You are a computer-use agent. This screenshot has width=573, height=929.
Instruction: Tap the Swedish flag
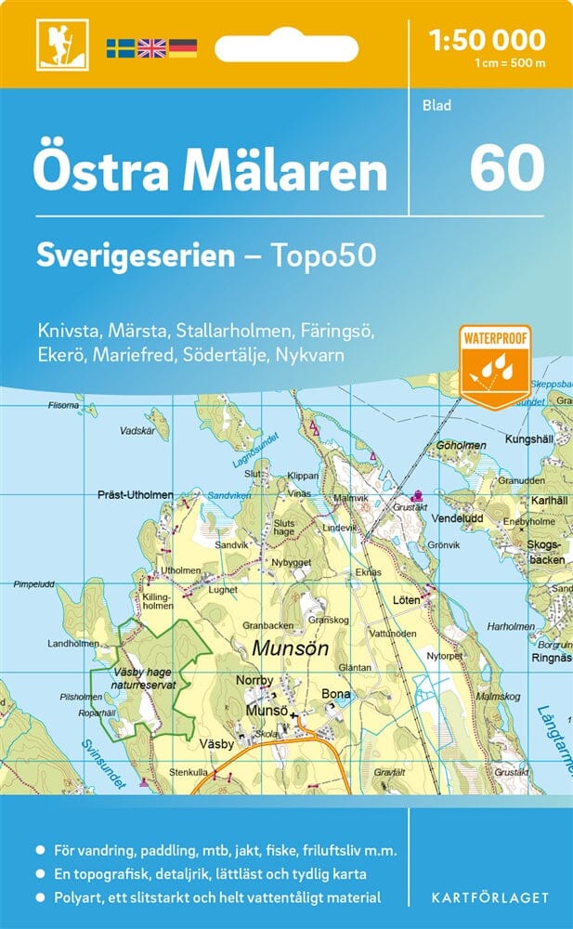(120, 47)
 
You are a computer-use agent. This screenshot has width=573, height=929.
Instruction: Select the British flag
(150, 47)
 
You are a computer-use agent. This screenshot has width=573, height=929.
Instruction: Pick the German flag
(182, 47)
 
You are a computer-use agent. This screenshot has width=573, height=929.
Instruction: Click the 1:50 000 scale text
(488, 39)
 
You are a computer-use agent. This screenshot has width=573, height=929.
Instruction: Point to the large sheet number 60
(506, 168)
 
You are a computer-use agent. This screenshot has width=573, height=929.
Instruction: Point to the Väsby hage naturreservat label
(145, 677)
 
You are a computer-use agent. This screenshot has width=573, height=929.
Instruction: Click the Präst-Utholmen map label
(136, 495)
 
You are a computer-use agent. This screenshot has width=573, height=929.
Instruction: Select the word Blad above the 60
(436, 105)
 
